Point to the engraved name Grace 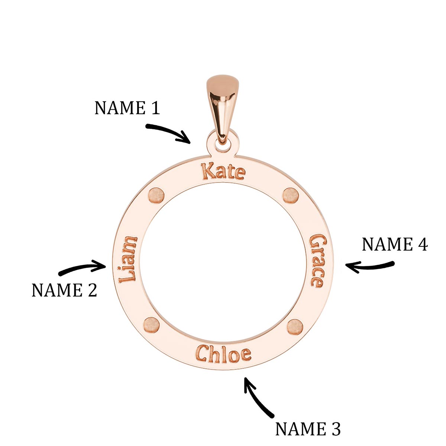click(x=317, y=260)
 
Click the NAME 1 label click(x=127, y=108)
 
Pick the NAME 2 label click(x=64, y=290)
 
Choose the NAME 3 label click(x=308, y=429)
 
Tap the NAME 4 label click(x=395, y=245)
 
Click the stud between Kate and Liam click(x=156, y=195)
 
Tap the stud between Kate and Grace click(x=291, y=195)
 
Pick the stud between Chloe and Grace click(x=295, y=326)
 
